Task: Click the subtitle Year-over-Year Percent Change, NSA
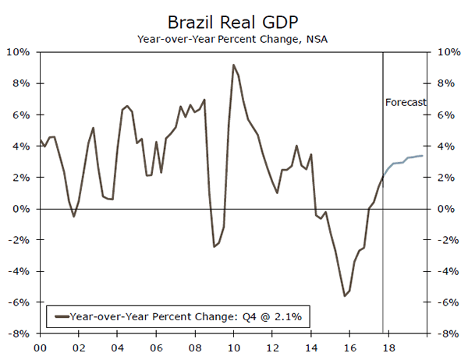[x=234, y=37]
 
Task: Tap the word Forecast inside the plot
[x=406, y=102]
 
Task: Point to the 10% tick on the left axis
[x=19, y=52]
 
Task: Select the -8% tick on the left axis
[x=19, y=334]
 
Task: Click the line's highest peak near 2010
[x=233, y=65]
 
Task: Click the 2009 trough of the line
[x=214, y=246]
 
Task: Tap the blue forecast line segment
[x=406, y=160]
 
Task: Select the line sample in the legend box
[x=58, y=316]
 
